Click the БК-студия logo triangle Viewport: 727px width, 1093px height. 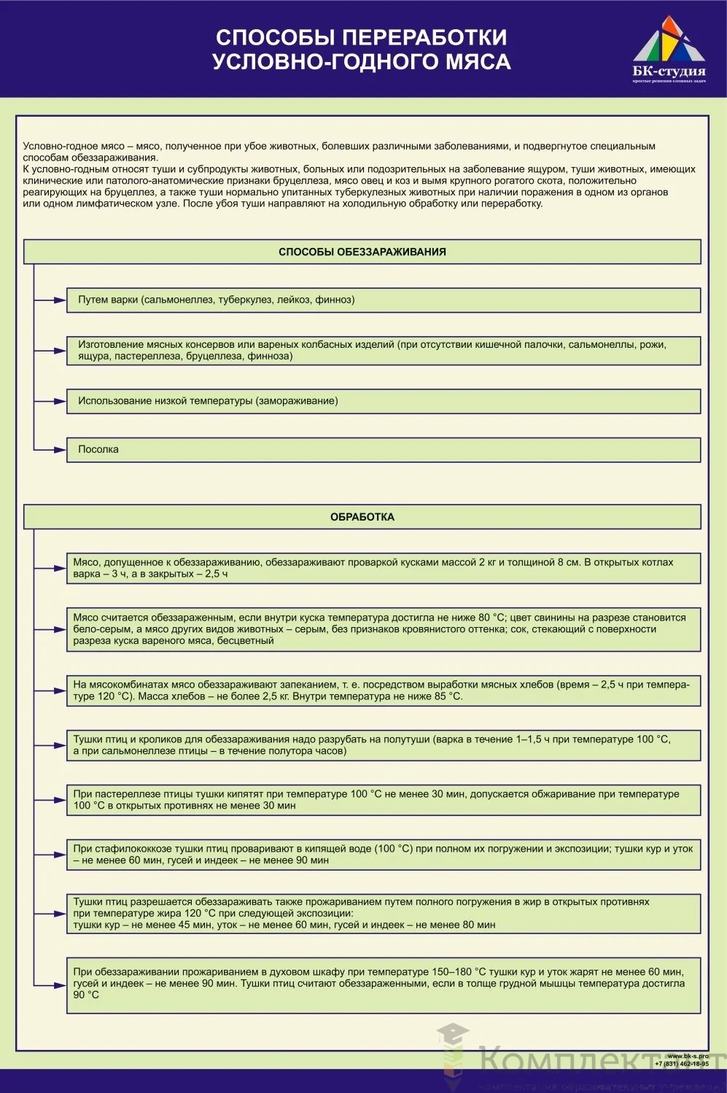[669, 42]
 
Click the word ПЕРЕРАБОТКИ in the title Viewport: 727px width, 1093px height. [425, 37]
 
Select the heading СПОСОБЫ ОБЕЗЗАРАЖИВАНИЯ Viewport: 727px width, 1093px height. [362, 252]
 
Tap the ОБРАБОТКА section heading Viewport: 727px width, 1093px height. [362, 517]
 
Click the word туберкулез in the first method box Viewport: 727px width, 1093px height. [245, 300]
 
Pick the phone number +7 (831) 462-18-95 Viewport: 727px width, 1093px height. [682, 1064]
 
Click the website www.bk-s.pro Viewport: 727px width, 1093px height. [688, 1056]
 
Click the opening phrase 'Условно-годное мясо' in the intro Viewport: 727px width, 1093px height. [74, 147]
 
